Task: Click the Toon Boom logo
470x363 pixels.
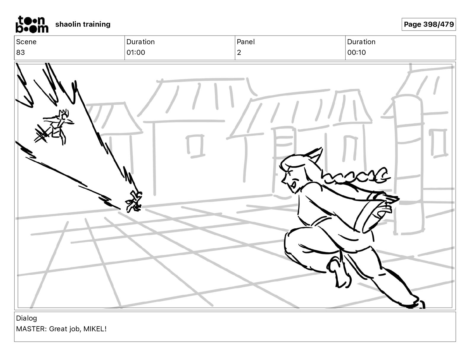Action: tap(32, 24)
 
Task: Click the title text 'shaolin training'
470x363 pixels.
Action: tap(82, 24)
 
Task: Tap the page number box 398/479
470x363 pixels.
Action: tap(428, 24)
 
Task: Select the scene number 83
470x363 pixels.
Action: tap(20, 52)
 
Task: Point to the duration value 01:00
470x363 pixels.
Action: tap(136, 52)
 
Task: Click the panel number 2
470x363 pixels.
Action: tap(239, 52)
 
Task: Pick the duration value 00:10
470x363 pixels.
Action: tap(356, 52)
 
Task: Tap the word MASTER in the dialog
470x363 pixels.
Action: tap(31, 329)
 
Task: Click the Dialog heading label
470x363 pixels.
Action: tap(26, 318)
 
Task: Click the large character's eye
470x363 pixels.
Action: tap(294, 184)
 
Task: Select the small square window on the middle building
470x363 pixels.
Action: tap(196, 146)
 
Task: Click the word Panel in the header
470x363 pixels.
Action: tap(246, 42)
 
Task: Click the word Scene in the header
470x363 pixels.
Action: tap(26, 42)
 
